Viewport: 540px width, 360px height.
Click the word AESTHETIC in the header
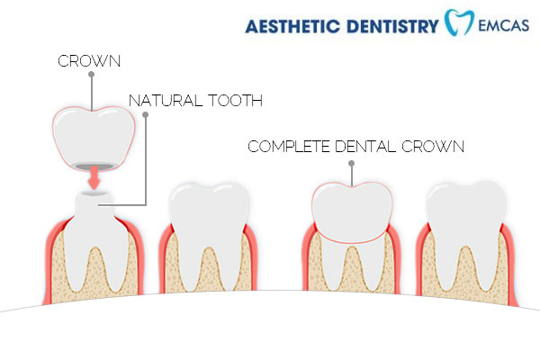[x=292, y=26]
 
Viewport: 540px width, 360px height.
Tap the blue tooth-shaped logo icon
[x=459, y=22]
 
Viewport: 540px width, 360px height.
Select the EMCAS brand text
[x=504, y=26]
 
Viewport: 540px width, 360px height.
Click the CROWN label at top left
[x=89, y=61]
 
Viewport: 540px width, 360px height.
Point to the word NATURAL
[x=165, y=101]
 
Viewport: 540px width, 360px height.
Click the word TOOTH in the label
[x=235, y=101]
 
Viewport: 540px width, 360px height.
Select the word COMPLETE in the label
[x=289, y=147]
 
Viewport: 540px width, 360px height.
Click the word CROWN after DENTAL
[x=433, y=147]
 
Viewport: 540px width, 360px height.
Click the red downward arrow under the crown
[x=94, y=177]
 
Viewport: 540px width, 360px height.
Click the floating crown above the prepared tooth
[x=94, y=137]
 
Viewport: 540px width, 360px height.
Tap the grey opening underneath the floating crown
[x=94, y=166]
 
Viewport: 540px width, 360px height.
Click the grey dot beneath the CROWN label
[x=91, y=75]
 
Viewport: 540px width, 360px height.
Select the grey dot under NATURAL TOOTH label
[x=146, y=114]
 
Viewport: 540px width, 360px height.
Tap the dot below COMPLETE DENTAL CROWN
[x=351, y=164]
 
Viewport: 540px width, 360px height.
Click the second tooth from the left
[x=209, y=234]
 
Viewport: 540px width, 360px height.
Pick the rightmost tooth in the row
[x=466, y=234]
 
